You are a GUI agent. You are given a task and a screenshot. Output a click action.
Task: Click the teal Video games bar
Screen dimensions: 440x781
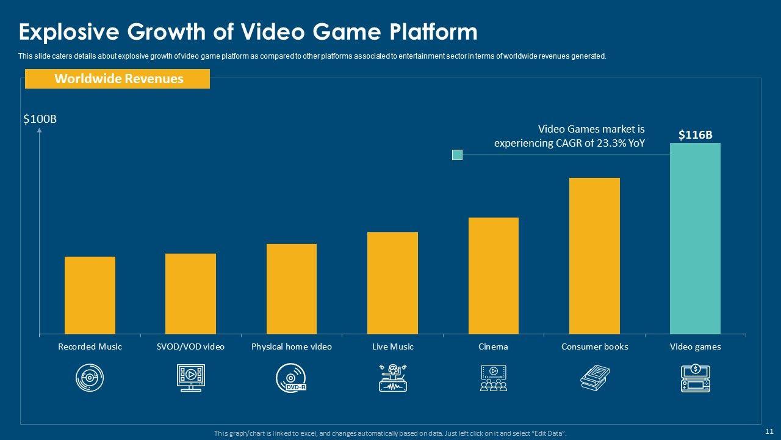695,238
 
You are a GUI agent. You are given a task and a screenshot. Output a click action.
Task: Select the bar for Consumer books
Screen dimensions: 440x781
594,255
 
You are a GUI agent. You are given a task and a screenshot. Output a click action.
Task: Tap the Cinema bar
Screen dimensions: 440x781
493,276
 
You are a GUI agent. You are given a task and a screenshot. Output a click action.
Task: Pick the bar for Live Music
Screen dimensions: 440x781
392,283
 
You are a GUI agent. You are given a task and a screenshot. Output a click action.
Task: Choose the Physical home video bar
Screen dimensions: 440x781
292,288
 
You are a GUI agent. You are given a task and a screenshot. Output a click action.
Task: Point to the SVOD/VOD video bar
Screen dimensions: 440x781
190,293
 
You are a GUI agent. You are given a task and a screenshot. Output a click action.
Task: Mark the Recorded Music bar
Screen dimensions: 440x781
90,295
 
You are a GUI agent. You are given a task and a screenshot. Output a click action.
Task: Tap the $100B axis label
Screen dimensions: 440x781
40,119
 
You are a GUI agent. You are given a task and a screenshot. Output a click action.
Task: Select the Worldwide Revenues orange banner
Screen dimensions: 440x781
117,79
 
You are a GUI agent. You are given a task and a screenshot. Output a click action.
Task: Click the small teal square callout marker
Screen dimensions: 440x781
457,155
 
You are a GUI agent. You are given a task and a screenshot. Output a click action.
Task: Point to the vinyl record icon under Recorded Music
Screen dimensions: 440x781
90,378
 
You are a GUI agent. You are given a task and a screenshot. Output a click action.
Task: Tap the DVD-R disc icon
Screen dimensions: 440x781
291,378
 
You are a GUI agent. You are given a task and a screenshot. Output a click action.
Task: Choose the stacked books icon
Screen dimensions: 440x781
594,378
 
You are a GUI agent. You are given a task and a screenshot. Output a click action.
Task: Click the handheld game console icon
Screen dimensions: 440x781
695,378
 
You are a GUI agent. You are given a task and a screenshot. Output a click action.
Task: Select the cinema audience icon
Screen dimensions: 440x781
493,378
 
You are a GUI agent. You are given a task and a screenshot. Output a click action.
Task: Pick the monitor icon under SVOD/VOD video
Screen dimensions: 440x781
190,378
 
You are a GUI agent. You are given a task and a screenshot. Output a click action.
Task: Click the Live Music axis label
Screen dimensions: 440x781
393,346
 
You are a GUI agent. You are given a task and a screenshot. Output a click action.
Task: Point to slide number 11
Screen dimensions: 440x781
769,430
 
